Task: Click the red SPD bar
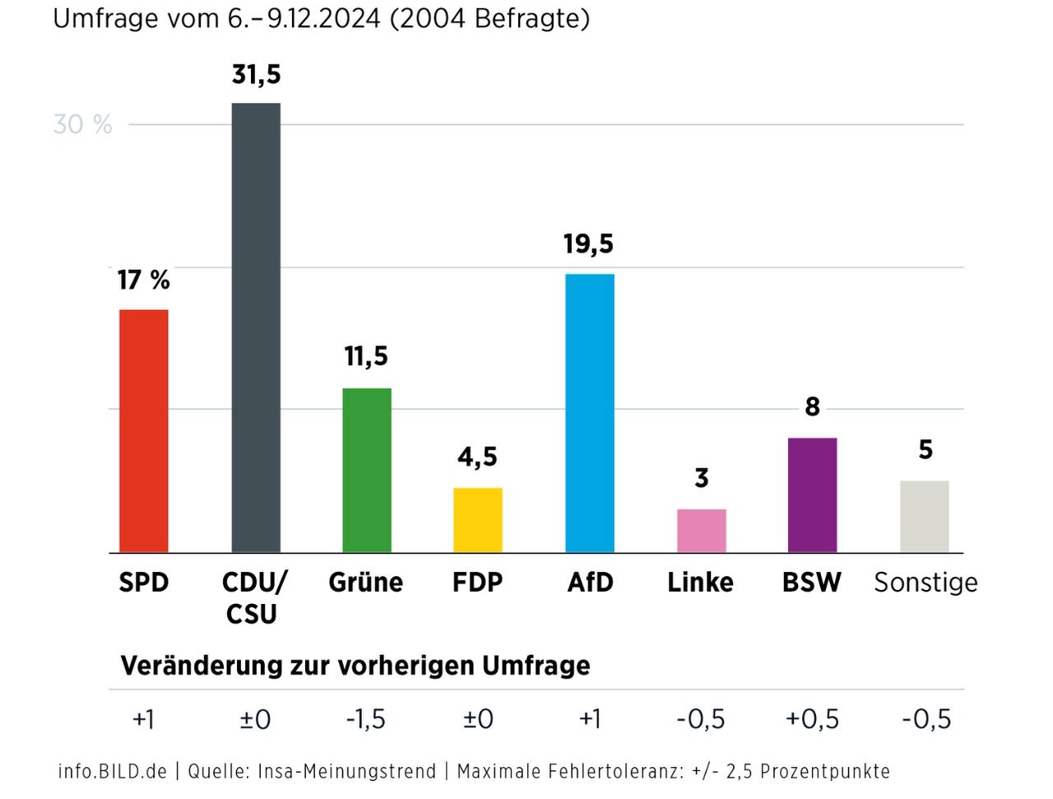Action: click(x=144, y=430)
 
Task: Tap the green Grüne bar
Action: click(x=367, y=470)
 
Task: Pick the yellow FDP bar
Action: click(x=478, y=520)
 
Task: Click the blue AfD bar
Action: click(x=590, y=413)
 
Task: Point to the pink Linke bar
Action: click(x=702, y=531)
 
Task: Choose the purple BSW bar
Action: click(x=813, y=495)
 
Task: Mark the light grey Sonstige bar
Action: click(x=925, y=516)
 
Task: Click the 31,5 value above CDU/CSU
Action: click(x=256, y=75)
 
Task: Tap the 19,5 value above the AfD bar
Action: click(x=588, y=244)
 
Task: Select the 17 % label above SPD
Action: click(x=143, y=280)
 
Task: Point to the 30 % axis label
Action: click(x=82, y=124)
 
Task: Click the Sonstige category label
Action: click(x=925, y=583)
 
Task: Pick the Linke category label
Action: click(x=700, y=583)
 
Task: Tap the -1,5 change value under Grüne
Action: click(x=365, y=719)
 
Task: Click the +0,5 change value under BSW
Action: click(x=812, y=719)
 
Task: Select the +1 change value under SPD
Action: click(x=143, y=719)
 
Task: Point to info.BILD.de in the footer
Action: click(x=112, y=772)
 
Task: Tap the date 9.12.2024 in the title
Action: click(x=323, y=18)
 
